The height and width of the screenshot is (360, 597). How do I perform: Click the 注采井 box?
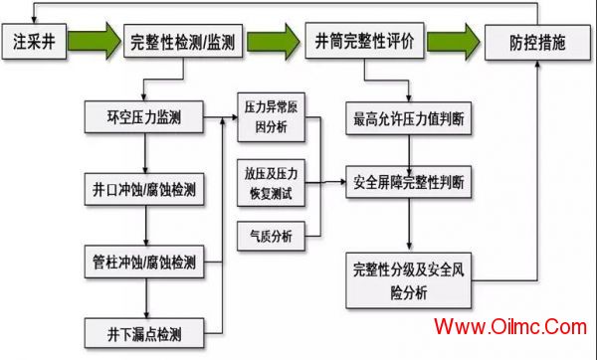coord(34,42)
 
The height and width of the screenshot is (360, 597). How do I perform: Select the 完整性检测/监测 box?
coord(183,41)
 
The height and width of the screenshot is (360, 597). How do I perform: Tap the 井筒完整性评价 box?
coord(364,41)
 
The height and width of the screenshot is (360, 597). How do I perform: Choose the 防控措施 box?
coord(537,43)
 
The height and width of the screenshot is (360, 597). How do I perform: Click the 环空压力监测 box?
coord(144,116)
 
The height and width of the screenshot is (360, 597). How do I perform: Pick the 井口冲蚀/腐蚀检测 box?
coord(144,189)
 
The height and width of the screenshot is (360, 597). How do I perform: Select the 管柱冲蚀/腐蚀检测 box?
coord(144,262)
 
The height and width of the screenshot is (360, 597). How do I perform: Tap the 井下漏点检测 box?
coord(144,334)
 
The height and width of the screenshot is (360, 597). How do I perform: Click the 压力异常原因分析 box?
coord(271,117)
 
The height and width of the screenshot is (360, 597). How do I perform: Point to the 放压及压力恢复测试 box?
coord(271,183)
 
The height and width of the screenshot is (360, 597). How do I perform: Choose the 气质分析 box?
coord(271,236)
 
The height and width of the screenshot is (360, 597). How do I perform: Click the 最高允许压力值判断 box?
coord(409,118)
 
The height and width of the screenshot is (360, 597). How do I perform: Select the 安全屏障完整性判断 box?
coord(409,182)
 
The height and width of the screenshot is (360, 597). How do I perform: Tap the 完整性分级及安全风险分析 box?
coord(409,280)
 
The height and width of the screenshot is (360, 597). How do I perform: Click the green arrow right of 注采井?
coord(95,41)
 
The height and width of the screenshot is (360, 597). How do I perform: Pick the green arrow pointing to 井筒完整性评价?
coord(274,42)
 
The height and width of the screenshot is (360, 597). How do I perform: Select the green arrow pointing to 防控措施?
coord(453,42)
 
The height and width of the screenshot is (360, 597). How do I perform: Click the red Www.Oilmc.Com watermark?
coord(510,326)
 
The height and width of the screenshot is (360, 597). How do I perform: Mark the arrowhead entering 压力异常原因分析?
coord(234,117)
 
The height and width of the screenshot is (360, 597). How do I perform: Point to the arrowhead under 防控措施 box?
coord(537,64)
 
